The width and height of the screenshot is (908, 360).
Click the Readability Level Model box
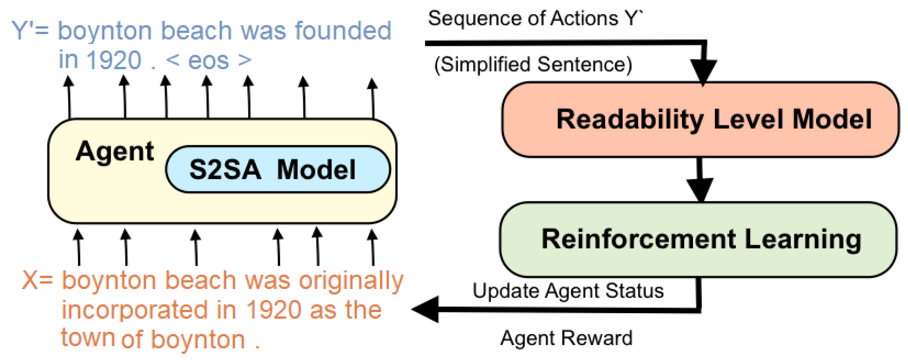[x=700, y=119]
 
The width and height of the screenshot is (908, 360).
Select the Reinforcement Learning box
[x=698, y=239]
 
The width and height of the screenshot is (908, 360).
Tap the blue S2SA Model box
[x=278, y=169]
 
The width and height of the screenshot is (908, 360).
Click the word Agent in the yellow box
[x=114, y=152]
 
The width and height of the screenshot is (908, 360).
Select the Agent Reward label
[x=566, y=338]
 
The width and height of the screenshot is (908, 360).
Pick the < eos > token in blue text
[x=209, y=60]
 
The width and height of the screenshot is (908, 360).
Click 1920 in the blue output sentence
[x=114, y=60]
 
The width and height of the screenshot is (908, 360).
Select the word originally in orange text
[x=351, y=281]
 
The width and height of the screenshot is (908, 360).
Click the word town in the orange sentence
[x=87, y=337]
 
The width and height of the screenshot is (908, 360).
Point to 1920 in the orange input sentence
[x=273, y=310]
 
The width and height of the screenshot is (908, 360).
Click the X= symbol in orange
[x=37, y=281]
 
